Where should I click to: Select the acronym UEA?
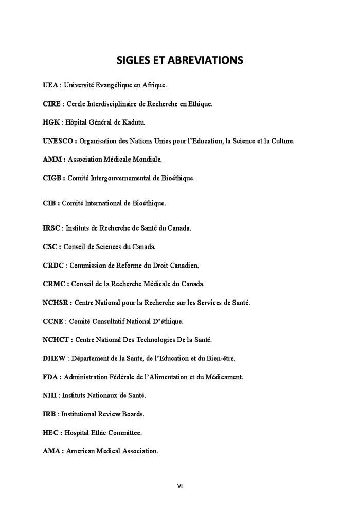click(50, 85)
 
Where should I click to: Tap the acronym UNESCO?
click(59, 140)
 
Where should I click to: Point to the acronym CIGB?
click(52, 178)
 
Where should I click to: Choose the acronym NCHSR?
click(56, 303)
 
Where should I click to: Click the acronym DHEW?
click(53, 358)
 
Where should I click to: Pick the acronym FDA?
click(50, 377)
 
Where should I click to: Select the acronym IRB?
click(49, 414)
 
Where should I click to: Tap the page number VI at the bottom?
click(180, 485)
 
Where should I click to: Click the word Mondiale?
click(147, 160)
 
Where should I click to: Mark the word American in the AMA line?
click(80, 451)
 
